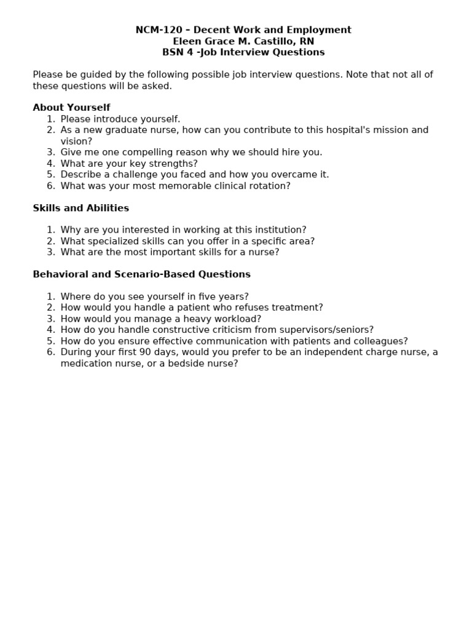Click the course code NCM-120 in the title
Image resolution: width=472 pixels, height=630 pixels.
pos(155,30)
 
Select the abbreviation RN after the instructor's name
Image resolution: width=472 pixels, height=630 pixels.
pos(307,41)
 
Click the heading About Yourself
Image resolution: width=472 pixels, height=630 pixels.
pos(71,108)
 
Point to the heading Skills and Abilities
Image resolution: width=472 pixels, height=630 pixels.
pos(81,208)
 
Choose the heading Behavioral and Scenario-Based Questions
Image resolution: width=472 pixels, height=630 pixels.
pos(141,274)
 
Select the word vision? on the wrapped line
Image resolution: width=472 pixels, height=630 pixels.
pos(76,141)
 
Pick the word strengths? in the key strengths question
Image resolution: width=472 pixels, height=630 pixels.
pos(174,163)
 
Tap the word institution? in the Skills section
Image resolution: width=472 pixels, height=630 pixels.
pos(278,230)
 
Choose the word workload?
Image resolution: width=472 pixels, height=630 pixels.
pos(238,319)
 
